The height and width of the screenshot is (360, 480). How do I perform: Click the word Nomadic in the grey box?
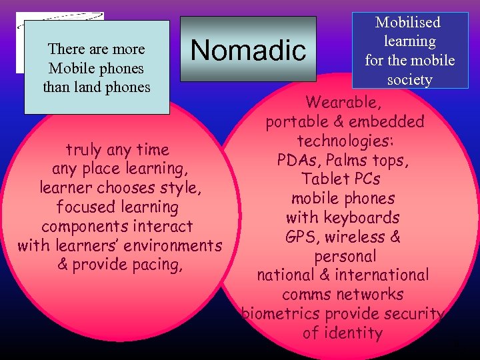[x=248, y=50]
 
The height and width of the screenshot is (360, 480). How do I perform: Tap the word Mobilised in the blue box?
[x=408, y=22]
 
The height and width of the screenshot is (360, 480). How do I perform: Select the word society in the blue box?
[x=409, y=80]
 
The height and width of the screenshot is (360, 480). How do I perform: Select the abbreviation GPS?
[x=301, y=237]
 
